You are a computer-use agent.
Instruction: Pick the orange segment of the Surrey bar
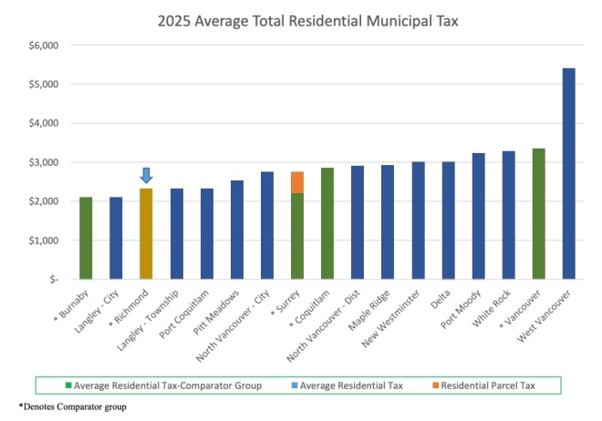coord(297,182)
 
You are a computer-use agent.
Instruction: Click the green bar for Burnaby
coord(86,238)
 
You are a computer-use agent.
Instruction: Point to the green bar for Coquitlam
coord(327,223)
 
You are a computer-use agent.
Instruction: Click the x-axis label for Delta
coord(441,301)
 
